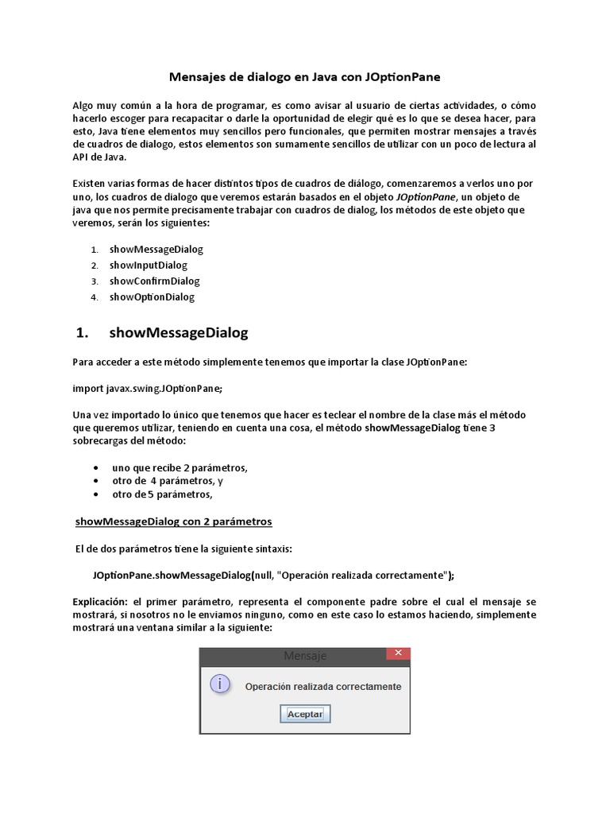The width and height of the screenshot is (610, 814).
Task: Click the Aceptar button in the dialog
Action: click(305, 714)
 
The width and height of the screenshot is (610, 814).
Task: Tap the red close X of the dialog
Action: click(398, 653)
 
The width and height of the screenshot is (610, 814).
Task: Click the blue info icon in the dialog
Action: click(220, 684)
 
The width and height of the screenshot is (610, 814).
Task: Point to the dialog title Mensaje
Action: click(304, 657)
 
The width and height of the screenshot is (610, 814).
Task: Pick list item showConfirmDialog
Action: click(154, 281)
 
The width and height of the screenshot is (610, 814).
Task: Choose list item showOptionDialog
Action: click(152, 297)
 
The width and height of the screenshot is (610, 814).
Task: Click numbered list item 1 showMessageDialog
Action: click(156, 249)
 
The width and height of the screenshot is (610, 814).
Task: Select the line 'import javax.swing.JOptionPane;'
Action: click(148, 388)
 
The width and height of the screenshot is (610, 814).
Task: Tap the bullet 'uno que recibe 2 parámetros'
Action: click(180, 467)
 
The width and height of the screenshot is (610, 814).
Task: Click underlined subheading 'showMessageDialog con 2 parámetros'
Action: click(173, 521)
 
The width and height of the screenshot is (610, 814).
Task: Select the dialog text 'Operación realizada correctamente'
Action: click(322, 686)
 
